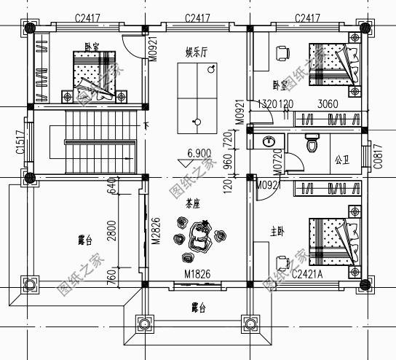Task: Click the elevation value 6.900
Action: pyautogui.click(x=199, y=154)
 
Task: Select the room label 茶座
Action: pyautogui.click(x=193, y=203)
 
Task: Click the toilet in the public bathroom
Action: pyautogui.click(x=312, y=144)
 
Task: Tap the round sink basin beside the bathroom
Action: pyautogui.click(x=269, y=141)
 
